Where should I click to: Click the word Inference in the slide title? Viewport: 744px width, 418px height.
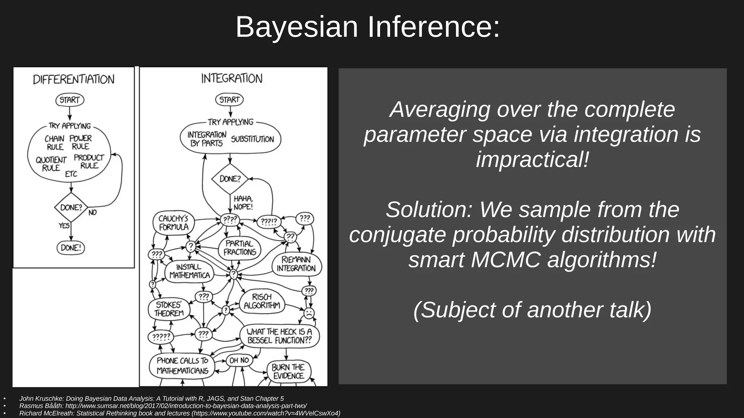click(x=434, y=27)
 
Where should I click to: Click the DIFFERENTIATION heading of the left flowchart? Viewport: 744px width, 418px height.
click(x=74, y=79)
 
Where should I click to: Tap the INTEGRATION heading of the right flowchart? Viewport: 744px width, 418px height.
click(x=232, y=78)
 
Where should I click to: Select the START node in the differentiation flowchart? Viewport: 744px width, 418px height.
click(x=70, y=100)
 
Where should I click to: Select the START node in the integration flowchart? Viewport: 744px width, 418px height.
click(x=229, y=99)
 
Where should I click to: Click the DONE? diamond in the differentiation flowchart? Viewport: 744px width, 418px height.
click(x=71, y=208)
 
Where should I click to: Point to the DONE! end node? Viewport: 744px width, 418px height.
click(x=71, y=248)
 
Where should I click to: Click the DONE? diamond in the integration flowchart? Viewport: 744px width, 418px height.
click(x=230, y=179)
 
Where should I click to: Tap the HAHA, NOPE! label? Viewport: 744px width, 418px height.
click(x=243, y=203)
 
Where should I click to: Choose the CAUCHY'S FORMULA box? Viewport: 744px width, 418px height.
click(x=174, y=223)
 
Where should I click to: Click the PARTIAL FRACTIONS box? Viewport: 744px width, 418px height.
click(x=239, y=248)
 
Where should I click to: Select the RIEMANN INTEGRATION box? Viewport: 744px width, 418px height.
click(x=296, y=264)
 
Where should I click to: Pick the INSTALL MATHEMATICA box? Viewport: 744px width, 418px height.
click(x=189, y=271)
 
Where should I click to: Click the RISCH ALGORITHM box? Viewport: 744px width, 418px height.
click(x=262, y=301)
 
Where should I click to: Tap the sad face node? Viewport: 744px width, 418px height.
click(x=309, y=313)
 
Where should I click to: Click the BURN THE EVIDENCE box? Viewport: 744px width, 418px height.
click(x=288, y=372)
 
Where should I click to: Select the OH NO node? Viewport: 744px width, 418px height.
click(x=239, y=360)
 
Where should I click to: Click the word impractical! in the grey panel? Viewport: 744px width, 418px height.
click(x=532, y=159)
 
